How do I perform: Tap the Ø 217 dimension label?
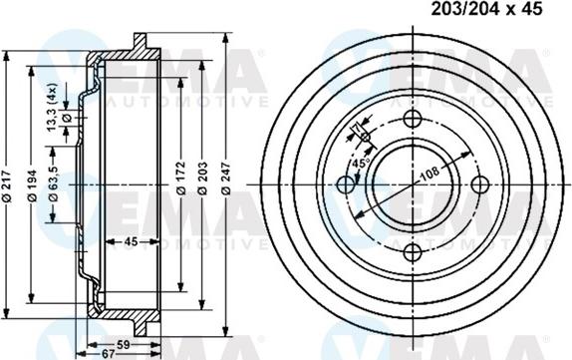click(9, 181)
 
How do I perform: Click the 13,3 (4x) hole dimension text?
click(52, 106)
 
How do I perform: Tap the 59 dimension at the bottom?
click(125, 343)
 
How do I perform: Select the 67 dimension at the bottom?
click(107, 353)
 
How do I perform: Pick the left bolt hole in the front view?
click(347, 183)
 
